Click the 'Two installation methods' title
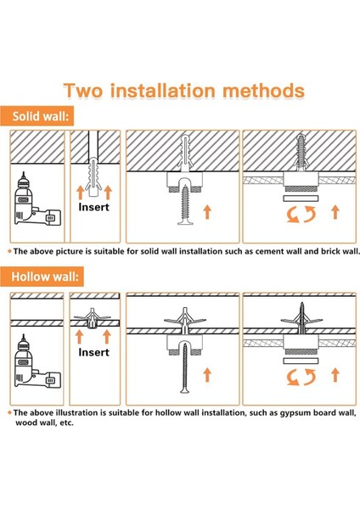coord(184,91)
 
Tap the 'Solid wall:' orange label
coord(37,116)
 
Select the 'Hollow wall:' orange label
coord(42,277)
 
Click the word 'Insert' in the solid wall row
coord(94,207)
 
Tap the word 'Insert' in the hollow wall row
coord(94,352)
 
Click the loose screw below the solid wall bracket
coord(186,204)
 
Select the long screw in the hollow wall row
coord(185,367)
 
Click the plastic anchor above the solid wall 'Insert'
coord(93,176)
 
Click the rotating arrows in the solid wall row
coord(301,215)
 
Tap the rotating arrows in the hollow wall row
coord(301,377)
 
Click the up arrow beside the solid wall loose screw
coord(207,212)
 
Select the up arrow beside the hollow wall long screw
coord(207,375)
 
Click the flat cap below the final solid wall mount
coord(301,199)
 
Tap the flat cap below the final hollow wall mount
coord(301,361)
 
